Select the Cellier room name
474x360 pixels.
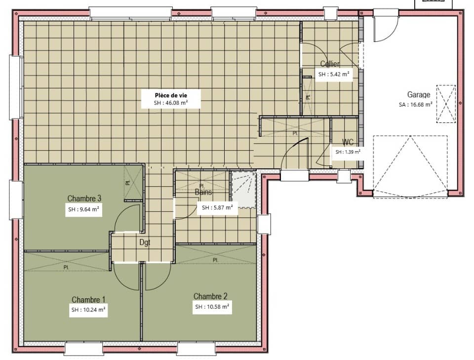tap(330, 64)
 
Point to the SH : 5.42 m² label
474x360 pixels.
tap(334, 75)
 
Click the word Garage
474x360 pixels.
tap(419, 95)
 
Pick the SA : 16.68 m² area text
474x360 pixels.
tap(416, 104)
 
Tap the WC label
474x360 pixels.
tap(347, 142)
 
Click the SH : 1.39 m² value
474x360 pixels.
tap(348, 152)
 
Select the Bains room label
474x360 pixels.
tap(203, 192)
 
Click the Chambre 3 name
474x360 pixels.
tap(84, 199)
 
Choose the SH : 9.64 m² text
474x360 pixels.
tap(84, 209)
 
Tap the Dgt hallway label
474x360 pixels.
tap(145, 242)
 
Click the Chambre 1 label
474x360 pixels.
tap(88, 300)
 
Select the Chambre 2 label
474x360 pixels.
tap(210, 296)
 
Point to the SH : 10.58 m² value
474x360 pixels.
tap(212, 307)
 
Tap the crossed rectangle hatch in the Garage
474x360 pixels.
tap(446, 104)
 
